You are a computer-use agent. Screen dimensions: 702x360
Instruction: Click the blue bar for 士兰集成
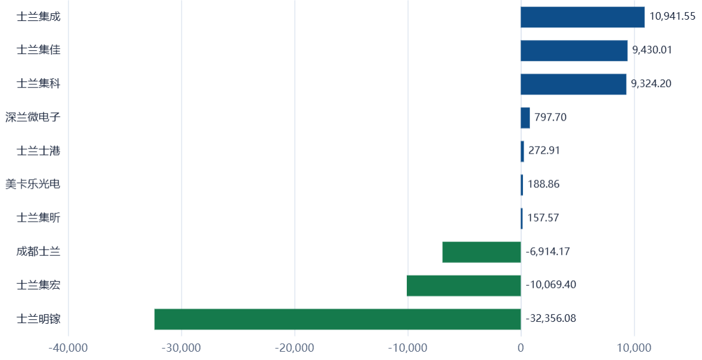coord(583,17)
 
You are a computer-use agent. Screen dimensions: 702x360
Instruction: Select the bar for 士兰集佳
coord(574,51)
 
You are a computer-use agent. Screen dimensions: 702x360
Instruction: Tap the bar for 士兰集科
coord(574,84)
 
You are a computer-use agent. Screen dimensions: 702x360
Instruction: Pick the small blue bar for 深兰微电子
coord(525,117)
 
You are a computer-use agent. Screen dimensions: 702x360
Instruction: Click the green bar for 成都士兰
coord(482,252)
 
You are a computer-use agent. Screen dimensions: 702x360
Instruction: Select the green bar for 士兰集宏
coord(464,286)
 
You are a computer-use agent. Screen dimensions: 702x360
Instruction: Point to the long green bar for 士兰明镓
coord(338,319)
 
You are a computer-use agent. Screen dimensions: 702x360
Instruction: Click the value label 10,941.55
coord(672,17)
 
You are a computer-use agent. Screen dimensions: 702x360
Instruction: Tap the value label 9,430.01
coord(652,50)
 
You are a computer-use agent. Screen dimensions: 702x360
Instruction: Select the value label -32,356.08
coord(551,318)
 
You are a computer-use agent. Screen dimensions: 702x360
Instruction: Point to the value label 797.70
coord(550,117)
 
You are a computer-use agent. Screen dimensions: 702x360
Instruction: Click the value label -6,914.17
coord(548,251)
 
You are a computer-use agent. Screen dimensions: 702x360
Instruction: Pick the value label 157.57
coord(543,218)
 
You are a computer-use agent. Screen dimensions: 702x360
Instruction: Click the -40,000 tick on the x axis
coord(69,348)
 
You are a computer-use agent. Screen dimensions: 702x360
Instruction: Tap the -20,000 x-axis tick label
coord(295,348)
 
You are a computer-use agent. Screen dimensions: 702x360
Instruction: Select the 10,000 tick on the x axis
coord(634,348)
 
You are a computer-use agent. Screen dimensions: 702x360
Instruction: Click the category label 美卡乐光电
coord(32,184)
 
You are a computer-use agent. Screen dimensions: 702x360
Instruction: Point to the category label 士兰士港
coord(39,151)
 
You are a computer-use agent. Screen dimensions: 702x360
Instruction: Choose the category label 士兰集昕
coord(39,218)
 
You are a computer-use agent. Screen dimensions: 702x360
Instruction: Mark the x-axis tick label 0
coord(520,348)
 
